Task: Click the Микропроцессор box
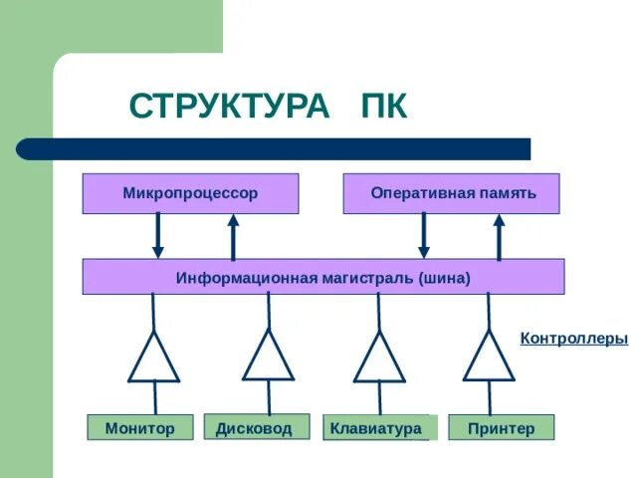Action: pyautogui.click(x=190, y=193)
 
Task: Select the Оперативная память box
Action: pyautogui.click(x=452, y=193)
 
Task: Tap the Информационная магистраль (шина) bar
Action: pyautogui.click(x=322, y=277)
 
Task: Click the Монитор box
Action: pyautogui.click(x=140, y=428)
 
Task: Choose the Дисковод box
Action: pyautogui.click(x=255, y=428)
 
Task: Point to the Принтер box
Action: pyautogui.click(x=501, y=428)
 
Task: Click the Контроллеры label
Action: pyautogui.click(x=574, y=339)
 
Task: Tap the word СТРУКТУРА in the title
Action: pyautogui.click(x=228, y=107)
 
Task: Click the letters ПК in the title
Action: pyautogui.click(x=383, y=107)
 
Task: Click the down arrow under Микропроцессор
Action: pyautogui.click(x=157, y=236)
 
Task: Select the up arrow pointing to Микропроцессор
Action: pyautogui.click(x=234, y=236)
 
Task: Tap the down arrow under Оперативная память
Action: pyautogui.click(x=423, y=236)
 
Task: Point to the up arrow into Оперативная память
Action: pyautogui.click(x=500, y=236)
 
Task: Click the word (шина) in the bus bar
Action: pyautogui.click(x=444, y=277)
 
